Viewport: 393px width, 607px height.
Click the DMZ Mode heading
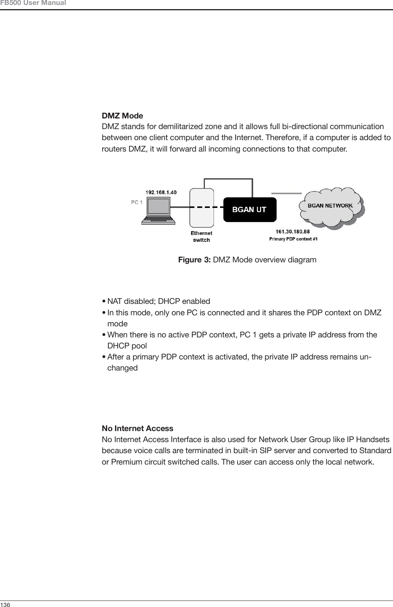(122, 116)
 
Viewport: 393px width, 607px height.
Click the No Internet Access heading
(137, 428)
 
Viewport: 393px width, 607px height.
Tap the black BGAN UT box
(249, 209)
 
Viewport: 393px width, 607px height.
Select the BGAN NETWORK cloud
(330, 206)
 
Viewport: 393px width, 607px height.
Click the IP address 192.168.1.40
(161, 192)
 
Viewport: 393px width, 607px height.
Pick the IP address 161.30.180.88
(293, 231)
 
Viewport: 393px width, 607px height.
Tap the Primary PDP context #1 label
(293, 239)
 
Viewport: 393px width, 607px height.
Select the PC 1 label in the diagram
(137, 203)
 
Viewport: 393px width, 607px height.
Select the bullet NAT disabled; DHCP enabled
(158, 302)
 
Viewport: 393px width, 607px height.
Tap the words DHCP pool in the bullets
(127, 346)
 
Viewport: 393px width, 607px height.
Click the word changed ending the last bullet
(122, 368)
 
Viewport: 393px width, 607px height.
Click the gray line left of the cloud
(286, 193)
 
